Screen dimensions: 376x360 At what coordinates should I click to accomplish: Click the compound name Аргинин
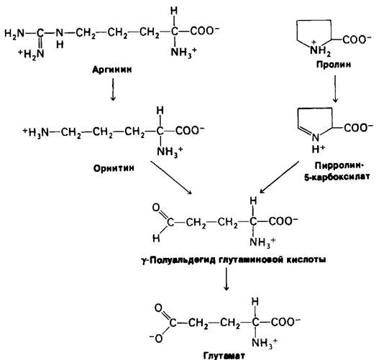112,70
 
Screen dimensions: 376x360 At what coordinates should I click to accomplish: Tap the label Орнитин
114,168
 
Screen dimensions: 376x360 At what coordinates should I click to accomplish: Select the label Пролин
334,65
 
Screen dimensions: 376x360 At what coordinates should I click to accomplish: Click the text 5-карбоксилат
337,177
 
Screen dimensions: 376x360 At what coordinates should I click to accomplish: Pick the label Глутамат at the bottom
224,356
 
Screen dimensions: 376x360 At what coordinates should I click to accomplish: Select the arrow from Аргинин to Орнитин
113,89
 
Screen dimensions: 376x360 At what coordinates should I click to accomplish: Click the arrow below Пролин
335,88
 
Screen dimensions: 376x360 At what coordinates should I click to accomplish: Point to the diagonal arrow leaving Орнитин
171,177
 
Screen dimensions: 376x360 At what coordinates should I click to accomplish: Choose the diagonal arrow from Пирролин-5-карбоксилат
280,177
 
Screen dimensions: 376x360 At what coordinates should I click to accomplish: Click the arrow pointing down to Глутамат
226,279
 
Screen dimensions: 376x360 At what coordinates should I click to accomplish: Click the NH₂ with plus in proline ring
320,50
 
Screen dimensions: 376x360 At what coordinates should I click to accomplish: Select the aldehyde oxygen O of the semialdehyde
156,208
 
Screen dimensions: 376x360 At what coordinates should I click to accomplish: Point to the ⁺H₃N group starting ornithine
35,131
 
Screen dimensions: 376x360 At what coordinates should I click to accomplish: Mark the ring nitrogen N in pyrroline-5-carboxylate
316,137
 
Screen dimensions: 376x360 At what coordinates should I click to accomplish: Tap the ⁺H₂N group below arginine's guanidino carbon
32,54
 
